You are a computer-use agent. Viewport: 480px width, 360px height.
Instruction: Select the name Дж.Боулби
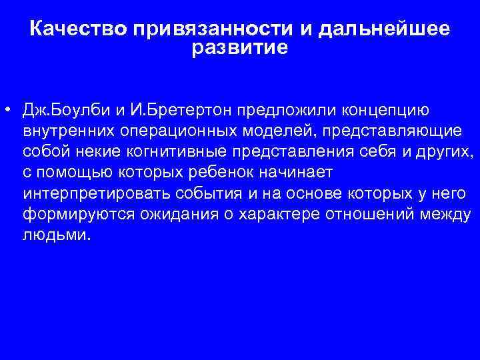(x=60, y=109)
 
